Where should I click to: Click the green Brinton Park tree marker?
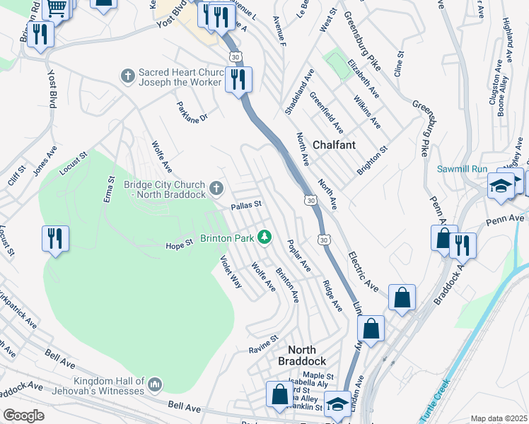264,237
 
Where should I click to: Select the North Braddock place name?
306,355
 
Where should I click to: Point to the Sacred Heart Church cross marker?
128,76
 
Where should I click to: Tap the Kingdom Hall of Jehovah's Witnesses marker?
156,385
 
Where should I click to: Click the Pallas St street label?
246,206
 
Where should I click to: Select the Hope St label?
179,245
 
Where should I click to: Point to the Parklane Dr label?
192,111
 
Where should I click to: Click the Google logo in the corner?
23,416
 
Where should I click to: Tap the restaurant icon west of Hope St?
55,239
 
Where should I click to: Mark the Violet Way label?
231,271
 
